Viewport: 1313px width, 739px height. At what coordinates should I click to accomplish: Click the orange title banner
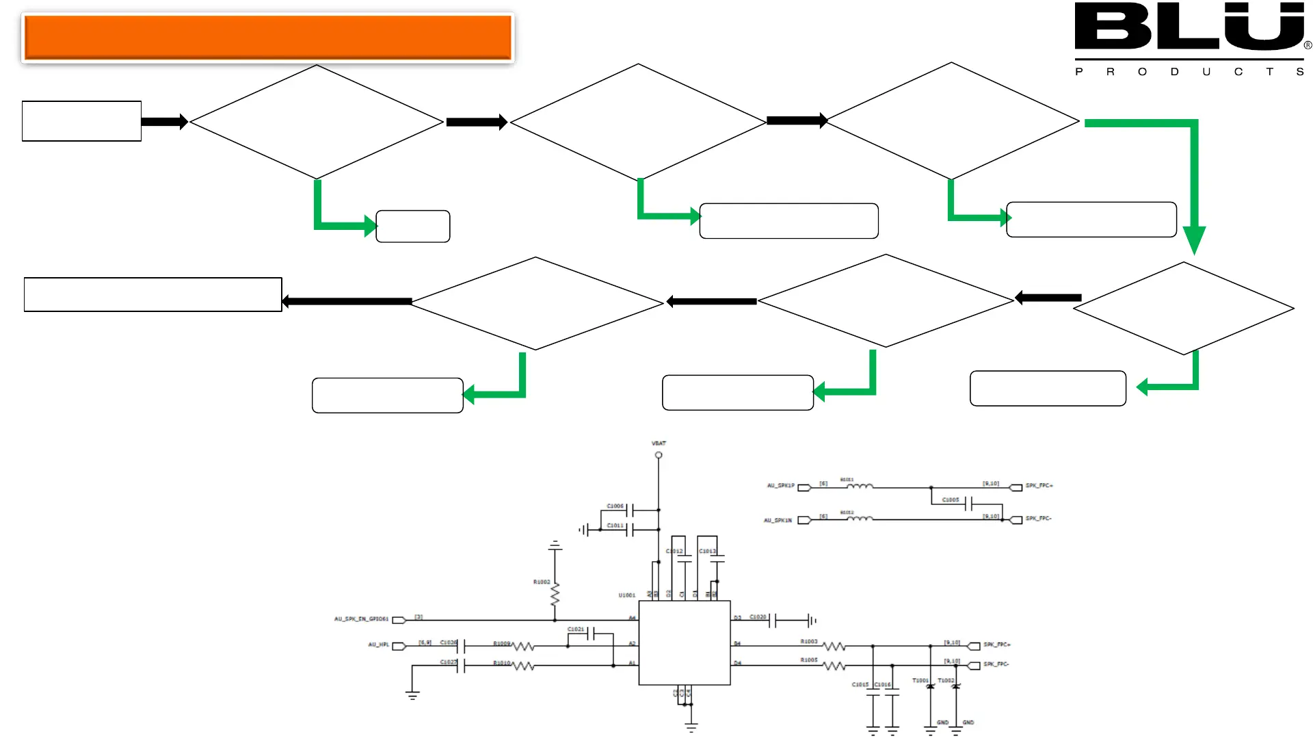pos(267,38)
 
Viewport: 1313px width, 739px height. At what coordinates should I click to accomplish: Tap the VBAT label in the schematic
pos(659,443)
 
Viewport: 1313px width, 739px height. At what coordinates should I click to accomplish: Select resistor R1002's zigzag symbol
pos(555,593)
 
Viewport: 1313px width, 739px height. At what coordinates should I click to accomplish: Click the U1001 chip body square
pos(685,643)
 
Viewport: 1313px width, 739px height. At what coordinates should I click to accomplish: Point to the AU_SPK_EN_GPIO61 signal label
pos(361,619)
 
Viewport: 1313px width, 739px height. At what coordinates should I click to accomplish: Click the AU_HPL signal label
pos(378,645)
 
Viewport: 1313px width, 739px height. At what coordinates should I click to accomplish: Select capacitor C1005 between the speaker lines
pos(968,504)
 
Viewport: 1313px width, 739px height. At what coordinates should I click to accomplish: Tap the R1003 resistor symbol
pos(834,646)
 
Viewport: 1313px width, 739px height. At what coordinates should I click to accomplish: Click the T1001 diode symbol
pos(930,686)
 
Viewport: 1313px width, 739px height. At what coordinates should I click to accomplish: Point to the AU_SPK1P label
pos(781,486)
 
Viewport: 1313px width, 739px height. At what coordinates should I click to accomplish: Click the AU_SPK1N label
pos(778,521)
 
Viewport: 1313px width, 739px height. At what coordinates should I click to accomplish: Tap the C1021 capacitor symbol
pos(591,634)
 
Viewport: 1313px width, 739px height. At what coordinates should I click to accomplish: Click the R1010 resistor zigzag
pos(523,665)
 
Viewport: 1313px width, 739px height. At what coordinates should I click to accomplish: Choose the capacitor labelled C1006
pos(631,510)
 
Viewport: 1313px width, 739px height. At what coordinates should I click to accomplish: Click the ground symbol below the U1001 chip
pos(691,727)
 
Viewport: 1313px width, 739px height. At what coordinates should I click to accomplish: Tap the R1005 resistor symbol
pos(834,666)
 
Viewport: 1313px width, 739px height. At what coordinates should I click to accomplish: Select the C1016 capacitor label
pos(883,684)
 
